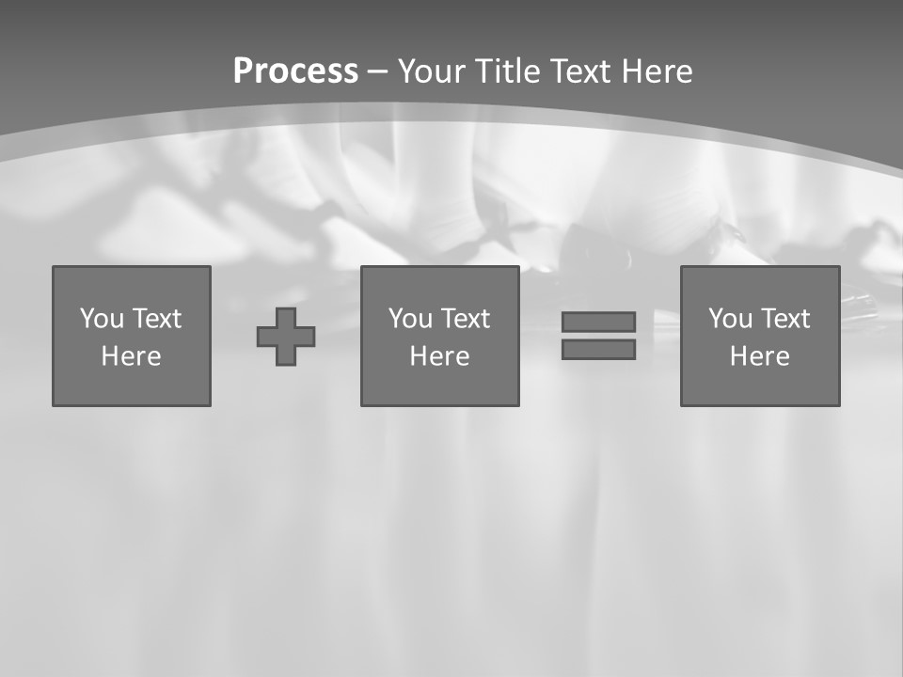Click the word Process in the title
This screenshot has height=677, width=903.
click(x=295, y=71)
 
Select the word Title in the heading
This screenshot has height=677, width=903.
click(x=508, y=71)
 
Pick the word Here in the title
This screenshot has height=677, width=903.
click(x=657, y=71)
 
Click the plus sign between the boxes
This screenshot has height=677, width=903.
click(x=286, y=337)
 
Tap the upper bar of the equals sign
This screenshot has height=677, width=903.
click(x=598, y=322)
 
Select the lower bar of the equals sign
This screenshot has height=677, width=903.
click(x=598, y=350)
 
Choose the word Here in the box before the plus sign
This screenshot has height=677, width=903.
click(x=132, y=356)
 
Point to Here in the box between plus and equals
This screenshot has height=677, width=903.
click(x=440, y=356)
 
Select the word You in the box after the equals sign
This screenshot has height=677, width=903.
click(x=731, y=319)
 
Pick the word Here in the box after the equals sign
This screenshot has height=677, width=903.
click(x=760, y=356)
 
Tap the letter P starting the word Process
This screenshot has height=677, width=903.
click(x=243, y=71)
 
